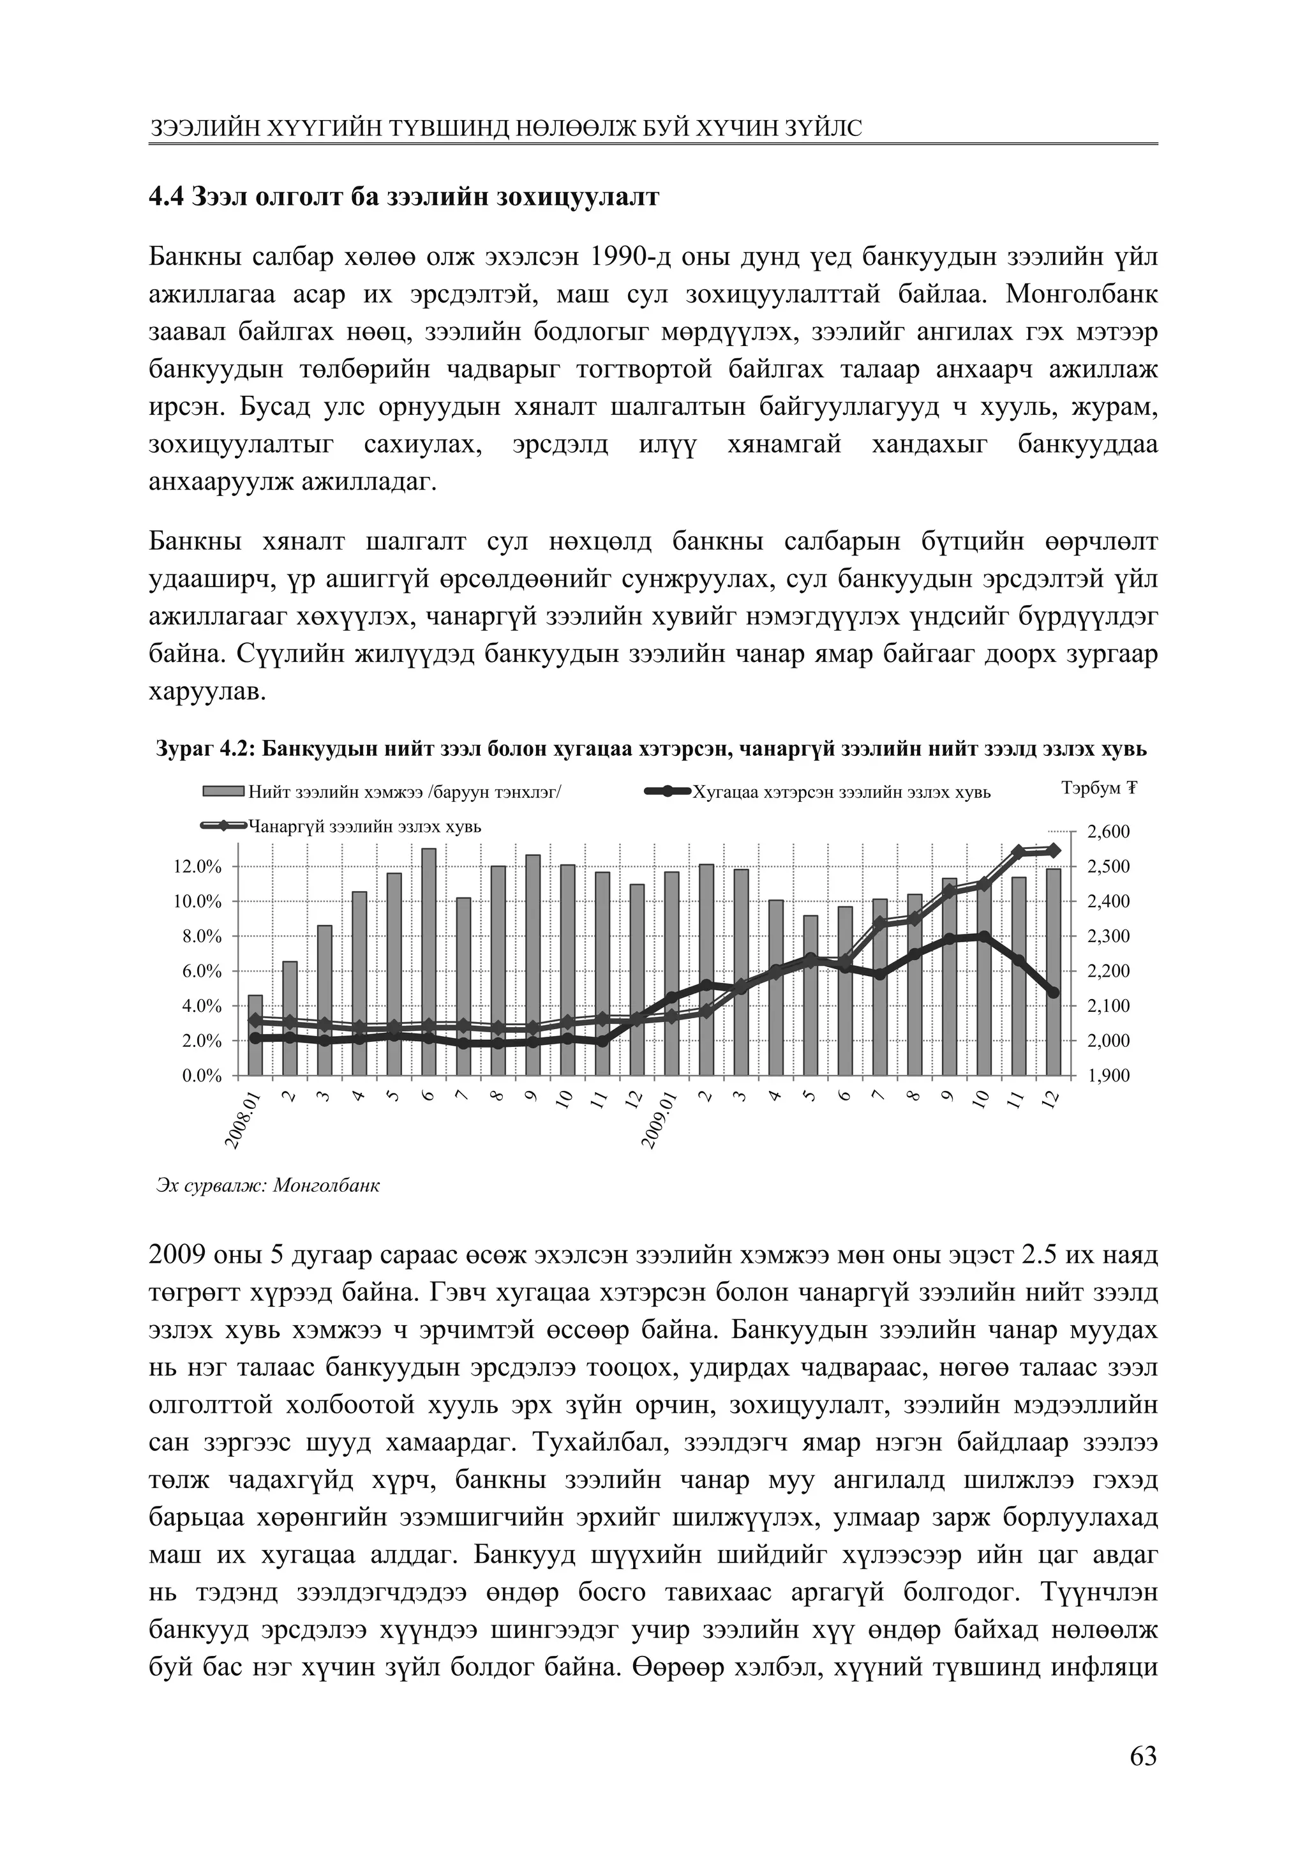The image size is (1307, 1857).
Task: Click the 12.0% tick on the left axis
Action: click(197, 867)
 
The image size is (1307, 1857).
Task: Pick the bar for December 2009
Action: click(1053, 970)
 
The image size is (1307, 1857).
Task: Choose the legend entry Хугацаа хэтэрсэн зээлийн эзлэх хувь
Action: click(841, 793)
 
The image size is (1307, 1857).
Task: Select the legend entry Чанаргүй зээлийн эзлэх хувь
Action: click(364, 827)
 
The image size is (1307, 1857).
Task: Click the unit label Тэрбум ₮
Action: click(1098, 788)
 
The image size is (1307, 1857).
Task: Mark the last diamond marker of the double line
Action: click(1053, 850)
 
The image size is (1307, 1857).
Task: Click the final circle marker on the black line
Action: click(1053, 993)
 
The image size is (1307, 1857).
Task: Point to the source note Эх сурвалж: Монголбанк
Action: click(267, 1187)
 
